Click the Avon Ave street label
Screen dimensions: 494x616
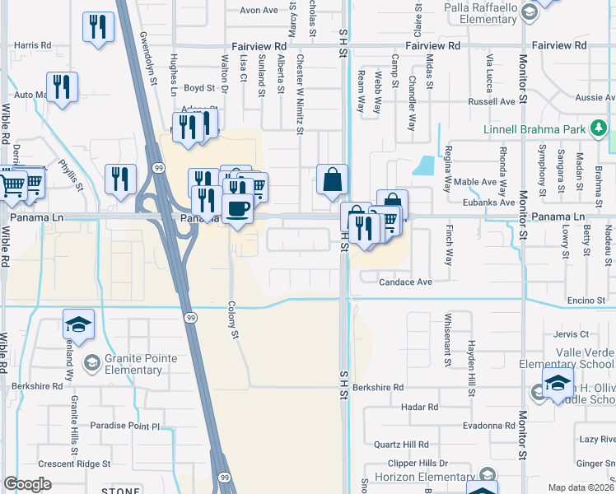click(259, 10)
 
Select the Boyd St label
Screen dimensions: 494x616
click(198, 87)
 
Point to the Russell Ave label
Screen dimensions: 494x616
click(492, 102)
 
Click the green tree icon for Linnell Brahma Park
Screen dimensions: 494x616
click(601, 128)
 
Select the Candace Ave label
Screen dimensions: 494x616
click(405, 282)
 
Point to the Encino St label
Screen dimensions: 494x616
click(586, 301)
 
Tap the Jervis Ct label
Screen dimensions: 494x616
click(572, 334)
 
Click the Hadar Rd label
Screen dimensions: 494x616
click(420, 407)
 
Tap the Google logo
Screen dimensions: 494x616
click(27, 484)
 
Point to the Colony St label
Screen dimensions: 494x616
click(233, 319)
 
